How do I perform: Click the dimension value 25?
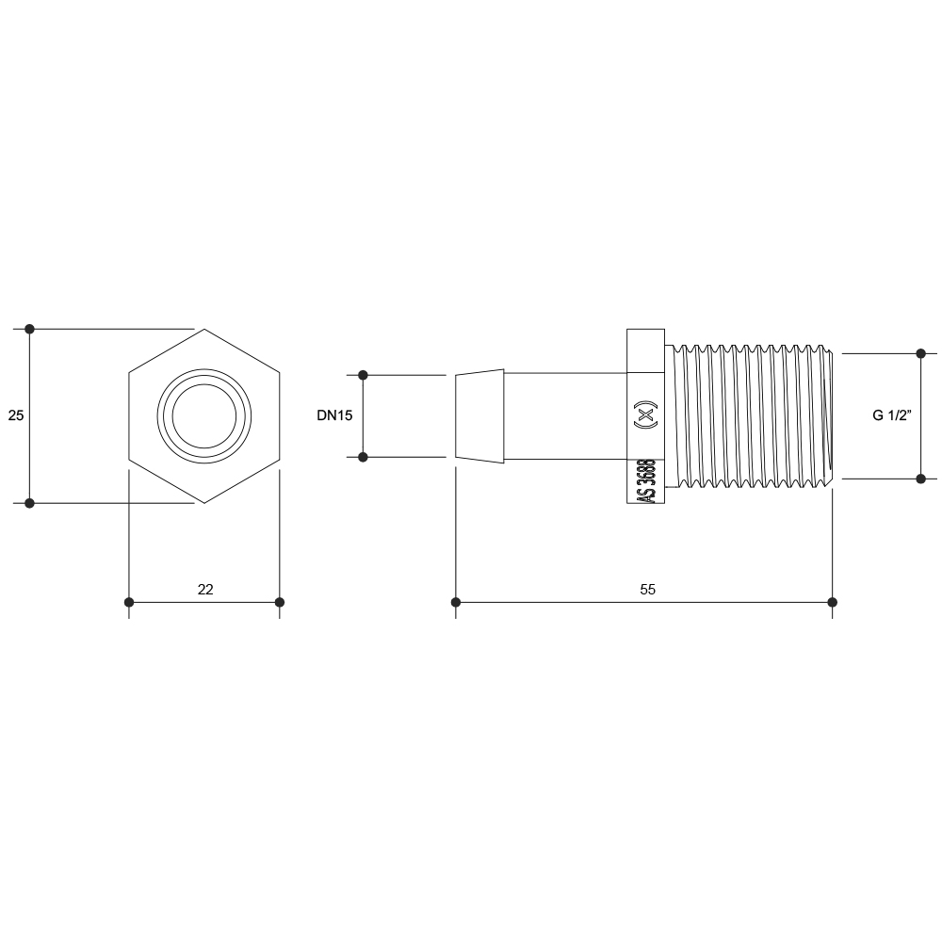pos(16,415)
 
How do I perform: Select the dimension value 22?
pos(205,590)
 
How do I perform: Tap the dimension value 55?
pos(648,590)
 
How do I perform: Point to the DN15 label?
pos(334,415)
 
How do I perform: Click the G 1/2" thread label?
pos(892,415)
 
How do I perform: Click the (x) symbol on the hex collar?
pos(646,414)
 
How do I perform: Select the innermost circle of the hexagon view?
pos(204,415)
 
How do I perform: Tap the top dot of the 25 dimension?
pos(29,329)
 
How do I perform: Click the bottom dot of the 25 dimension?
pos(29,503)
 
